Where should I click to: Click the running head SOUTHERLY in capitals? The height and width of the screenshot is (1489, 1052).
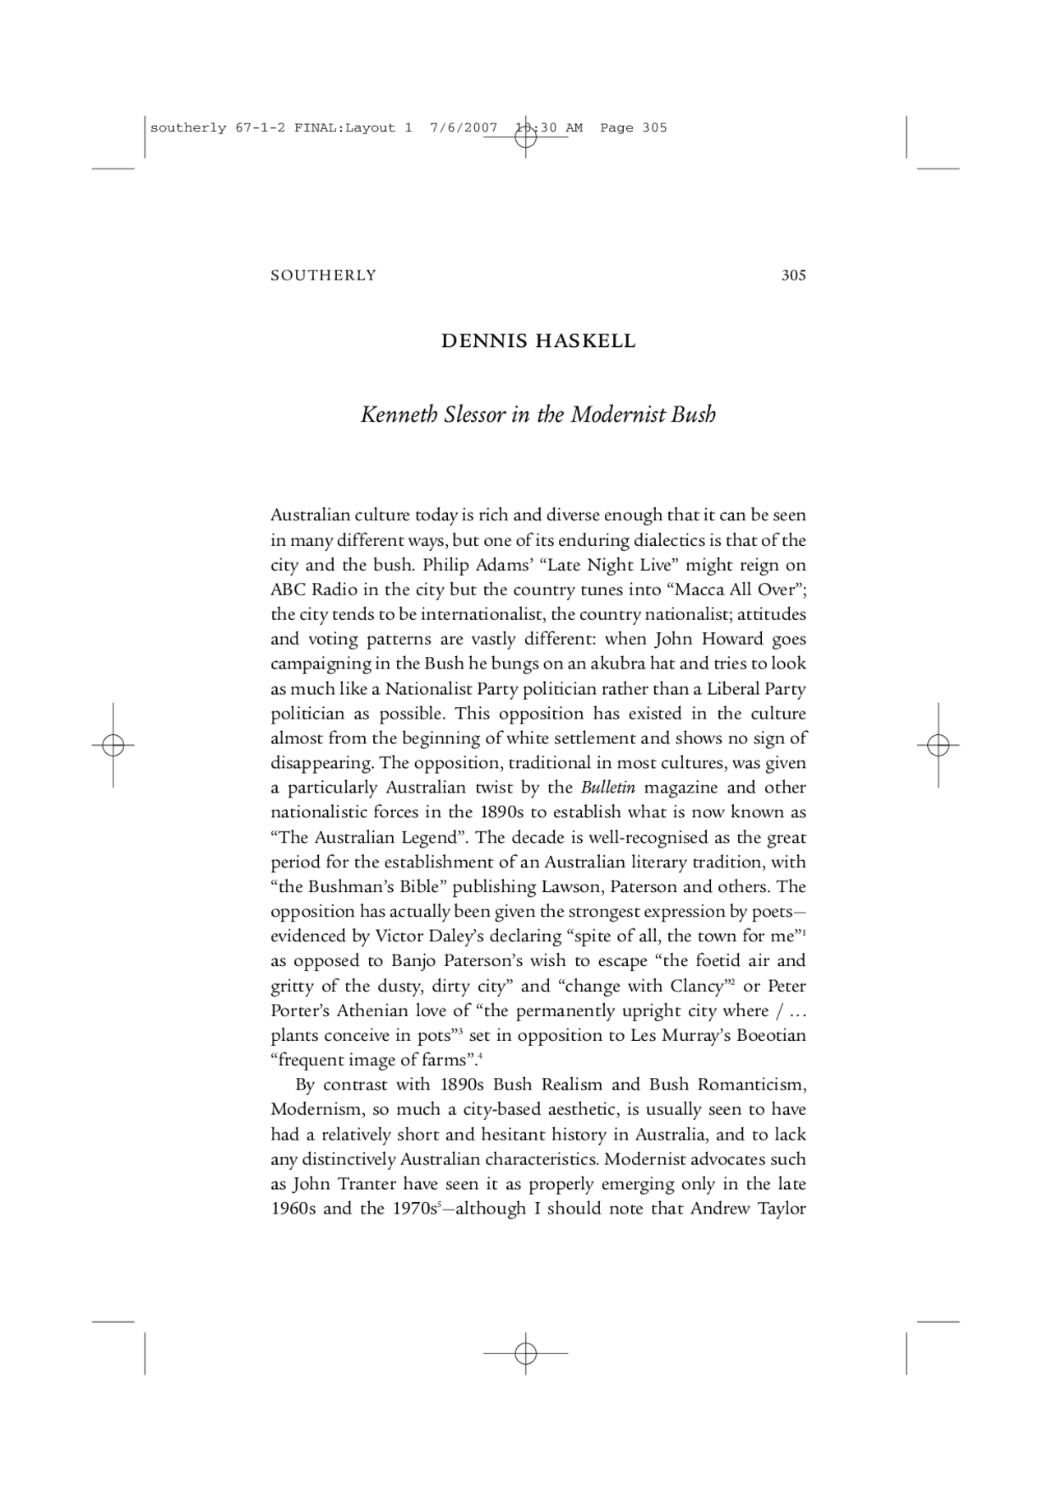323,275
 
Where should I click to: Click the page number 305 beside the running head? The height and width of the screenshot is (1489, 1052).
793,275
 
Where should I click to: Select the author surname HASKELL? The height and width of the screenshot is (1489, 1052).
585,341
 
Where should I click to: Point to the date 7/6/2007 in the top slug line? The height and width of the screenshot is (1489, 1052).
464,127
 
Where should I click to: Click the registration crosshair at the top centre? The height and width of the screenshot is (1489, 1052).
525,137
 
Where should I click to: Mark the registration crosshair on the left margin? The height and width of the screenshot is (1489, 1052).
113,745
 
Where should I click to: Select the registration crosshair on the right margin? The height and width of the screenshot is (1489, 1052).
938,745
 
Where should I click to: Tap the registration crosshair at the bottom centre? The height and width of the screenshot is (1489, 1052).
525,1353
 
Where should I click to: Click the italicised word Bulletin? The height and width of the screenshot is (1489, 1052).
608,788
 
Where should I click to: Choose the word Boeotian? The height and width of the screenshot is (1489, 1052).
771,1035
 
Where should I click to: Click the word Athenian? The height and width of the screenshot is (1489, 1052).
373,1010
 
